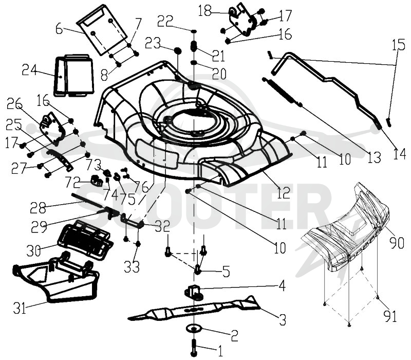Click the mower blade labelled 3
194,310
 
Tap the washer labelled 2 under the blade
194,328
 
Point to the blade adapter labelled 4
195,291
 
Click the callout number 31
20,309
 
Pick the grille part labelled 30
85,240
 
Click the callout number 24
29,70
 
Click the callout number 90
397,243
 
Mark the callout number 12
283,193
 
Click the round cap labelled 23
177,50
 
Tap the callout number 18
204,11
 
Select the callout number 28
38,208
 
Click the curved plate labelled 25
60,159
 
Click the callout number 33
132,267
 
